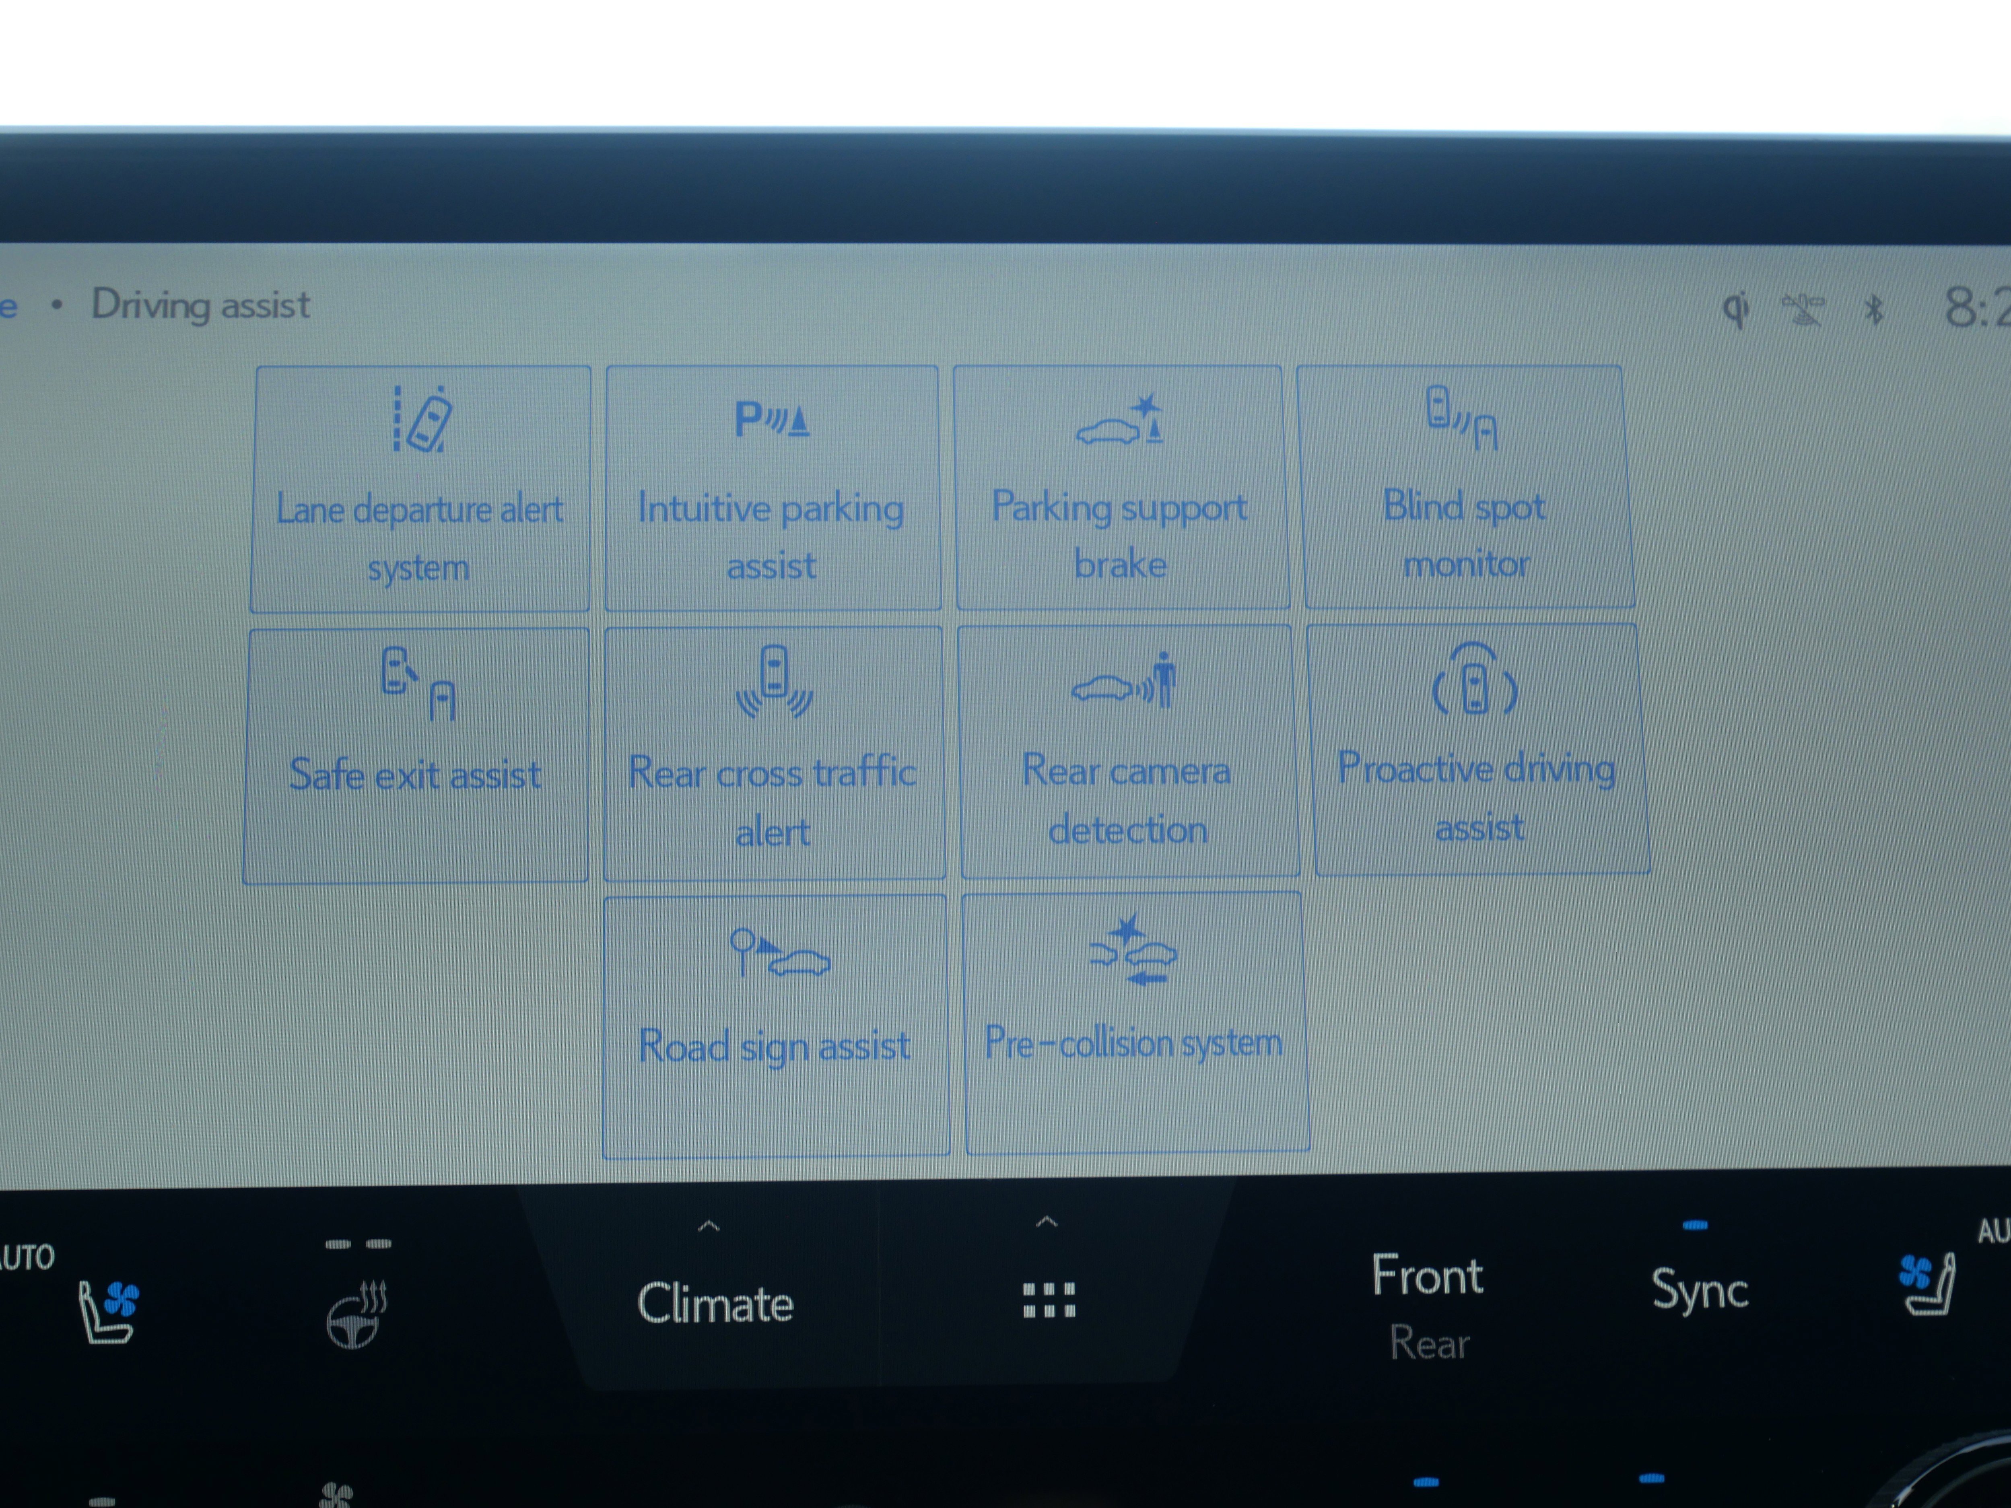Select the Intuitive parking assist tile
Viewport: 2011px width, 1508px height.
tap(772, 488)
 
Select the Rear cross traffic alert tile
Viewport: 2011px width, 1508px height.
tap(774, 753)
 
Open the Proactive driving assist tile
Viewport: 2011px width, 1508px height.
tap(1480, 749)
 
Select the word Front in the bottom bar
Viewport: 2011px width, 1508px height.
tap(1426, 1275)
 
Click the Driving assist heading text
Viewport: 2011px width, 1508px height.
tap(201, 305)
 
